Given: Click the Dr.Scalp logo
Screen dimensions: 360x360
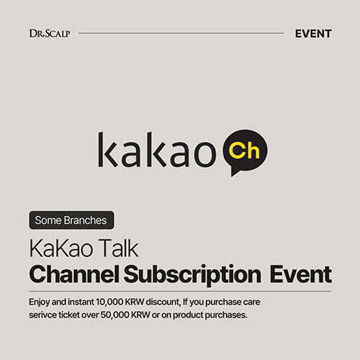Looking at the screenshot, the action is coord(50,33).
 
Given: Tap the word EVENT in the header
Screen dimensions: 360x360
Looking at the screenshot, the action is coord(313,34).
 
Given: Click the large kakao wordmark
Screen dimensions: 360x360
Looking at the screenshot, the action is coord(157,150).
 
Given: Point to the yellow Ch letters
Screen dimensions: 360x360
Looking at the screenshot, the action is coord(244,150).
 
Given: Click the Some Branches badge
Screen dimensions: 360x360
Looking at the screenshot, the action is coord(71,220).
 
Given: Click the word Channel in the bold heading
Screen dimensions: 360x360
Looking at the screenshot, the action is coord(74,274).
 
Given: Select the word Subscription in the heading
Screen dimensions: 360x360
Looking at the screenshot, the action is coord(192,275).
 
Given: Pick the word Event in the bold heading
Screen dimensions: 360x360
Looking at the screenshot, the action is coord(301,274).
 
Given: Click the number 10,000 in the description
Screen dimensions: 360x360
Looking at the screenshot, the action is coord(109,302).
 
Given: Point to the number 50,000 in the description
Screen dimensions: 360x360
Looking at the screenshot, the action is coord(114,315).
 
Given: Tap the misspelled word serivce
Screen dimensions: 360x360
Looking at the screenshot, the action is coord(42,315).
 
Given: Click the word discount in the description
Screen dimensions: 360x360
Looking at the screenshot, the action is coord(163,302).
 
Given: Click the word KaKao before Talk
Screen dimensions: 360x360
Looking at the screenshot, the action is coord(60,248).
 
